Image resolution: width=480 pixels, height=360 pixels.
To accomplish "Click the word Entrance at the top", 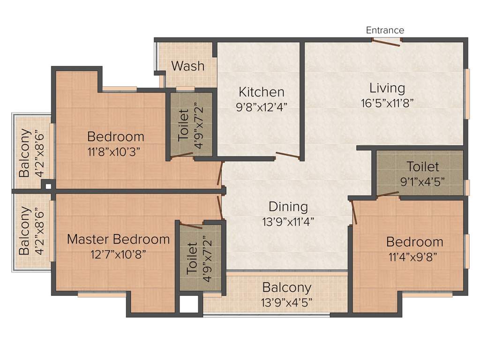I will pos(385,30).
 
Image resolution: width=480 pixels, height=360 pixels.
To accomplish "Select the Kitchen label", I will pos(261,91).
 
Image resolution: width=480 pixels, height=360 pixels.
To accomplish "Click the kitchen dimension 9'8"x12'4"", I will pos(261,106).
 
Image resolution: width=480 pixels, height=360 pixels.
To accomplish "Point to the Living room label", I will pos(387,88).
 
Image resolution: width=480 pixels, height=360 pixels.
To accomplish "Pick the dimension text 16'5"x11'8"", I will pos(387,102).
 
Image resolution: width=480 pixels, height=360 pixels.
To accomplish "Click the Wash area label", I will pos(187,66).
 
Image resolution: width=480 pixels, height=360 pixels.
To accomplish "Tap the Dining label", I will pos(288,206).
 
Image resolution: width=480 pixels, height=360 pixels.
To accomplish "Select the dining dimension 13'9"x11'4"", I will pos(288,221).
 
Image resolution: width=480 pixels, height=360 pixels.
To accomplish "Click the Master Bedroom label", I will pos(118,239).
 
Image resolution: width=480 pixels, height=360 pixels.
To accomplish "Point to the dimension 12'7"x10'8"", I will pos(118,254).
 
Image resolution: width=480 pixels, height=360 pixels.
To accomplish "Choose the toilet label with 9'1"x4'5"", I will pos(422,166).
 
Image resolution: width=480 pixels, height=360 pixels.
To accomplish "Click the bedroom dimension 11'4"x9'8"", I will pos(414,256).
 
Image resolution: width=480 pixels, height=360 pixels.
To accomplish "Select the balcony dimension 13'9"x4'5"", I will pos(286,302).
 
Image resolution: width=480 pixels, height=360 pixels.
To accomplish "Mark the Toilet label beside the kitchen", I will pos(183,125).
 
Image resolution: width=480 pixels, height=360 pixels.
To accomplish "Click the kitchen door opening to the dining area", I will pos(287,156).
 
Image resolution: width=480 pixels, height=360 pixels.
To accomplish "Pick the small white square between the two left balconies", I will pos(48,186).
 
